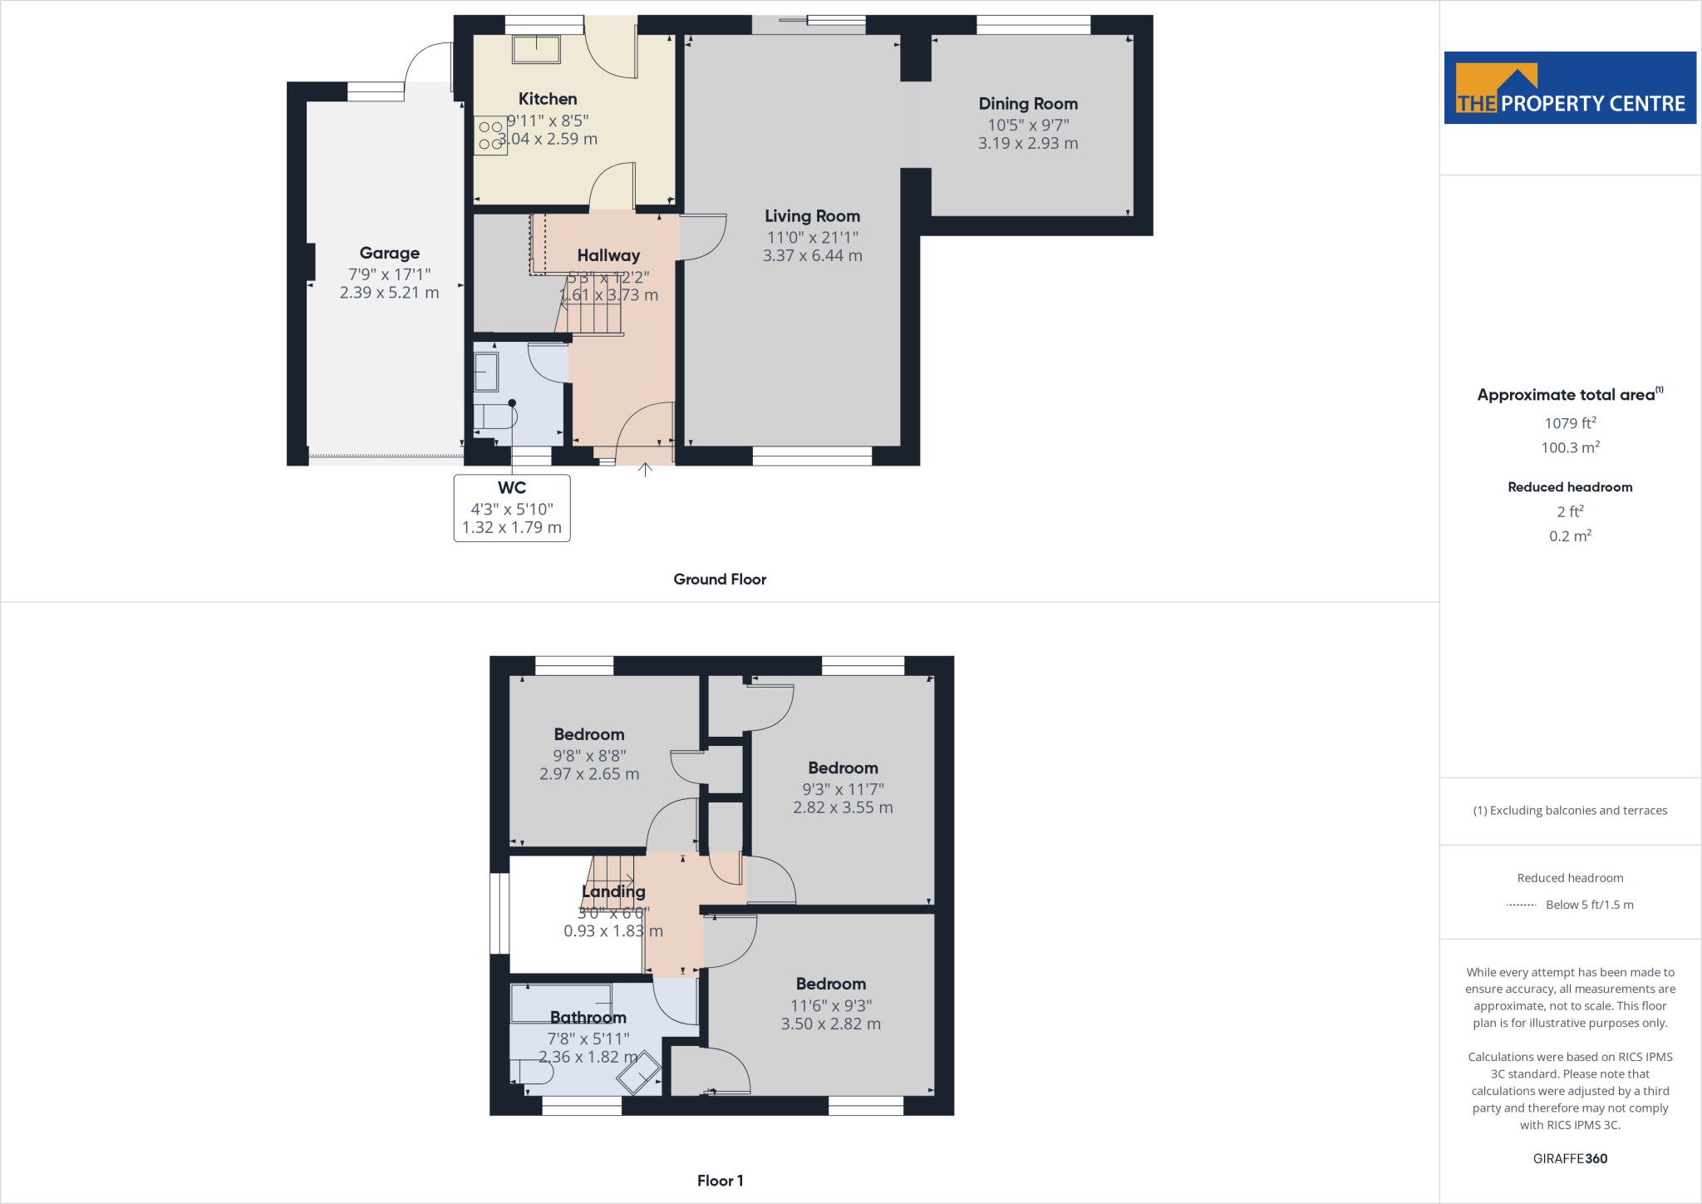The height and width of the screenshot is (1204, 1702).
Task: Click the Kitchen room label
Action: click(548, 99)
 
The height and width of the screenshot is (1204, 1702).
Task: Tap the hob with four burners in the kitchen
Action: click(491, 136)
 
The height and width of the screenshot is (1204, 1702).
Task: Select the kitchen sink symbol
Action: click(537, 49)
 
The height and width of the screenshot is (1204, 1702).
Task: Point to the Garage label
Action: click(389, 253)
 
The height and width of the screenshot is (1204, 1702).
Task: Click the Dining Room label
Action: click(1028, 104)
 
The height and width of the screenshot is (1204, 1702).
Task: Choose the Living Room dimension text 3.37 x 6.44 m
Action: click(812, 256)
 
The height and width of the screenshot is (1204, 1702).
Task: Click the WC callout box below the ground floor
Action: click(512, 508)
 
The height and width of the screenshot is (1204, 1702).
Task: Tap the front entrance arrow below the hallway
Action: click(645, 470)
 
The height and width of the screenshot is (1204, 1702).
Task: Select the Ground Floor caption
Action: click(720, 580)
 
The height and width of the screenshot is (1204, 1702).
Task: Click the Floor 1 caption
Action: click(720, 1181)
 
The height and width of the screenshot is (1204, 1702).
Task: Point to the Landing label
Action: click(613, 891)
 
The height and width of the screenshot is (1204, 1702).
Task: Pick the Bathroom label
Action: click(588, 1017)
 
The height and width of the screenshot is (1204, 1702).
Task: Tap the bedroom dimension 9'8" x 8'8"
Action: click(589, 756)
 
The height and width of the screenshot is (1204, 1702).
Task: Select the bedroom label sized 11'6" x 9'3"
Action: click(831, 984)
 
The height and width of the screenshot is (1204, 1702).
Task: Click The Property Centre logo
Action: click(1570, 88)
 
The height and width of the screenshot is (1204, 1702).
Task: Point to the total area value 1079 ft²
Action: click(1570, 423)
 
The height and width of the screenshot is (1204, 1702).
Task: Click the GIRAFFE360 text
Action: click(1570, 1158)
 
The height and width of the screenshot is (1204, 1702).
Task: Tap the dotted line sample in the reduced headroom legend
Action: click(1522, 905)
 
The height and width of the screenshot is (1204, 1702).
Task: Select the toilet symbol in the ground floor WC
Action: click(495, 416)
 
